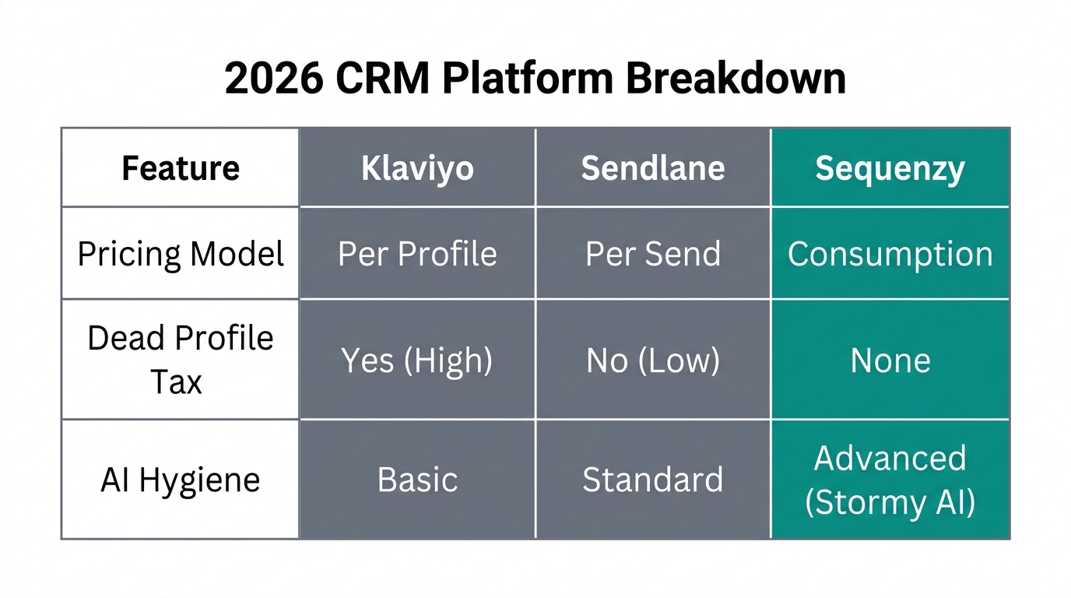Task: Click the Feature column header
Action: pos(181,168)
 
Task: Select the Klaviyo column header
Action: pos(417,168)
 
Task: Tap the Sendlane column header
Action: pos(653,168)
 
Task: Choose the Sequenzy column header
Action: pos(890,168)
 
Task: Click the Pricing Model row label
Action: pos(181,254)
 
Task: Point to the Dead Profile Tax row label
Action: pos(181,360)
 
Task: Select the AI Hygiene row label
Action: pos(181,480)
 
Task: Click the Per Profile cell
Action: pos(417,254)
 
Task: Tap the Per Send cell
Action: pos(653,254)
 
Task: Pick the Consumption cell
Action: pos(890,254)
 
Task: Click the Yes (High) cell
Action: pos(417,360)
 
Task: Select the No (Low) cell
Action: pos(653,360)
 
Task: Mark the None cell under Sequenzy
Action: pos(890,360)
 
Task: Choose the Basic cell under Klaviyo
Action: pos(417,480)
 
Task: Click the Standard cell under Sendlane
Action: pos(653,480)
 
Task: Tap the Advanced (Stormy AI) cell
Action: pos(890,480)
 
